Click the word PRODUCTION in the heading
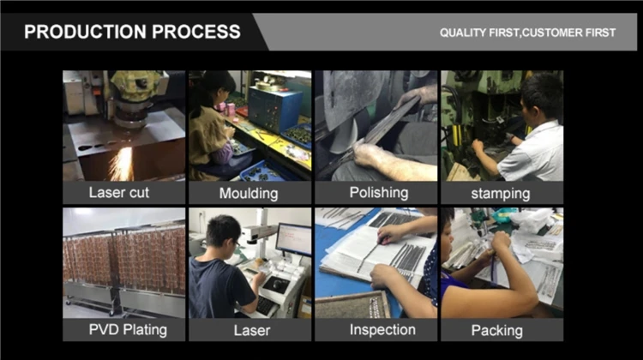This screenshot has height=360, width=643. (x=85, y=32)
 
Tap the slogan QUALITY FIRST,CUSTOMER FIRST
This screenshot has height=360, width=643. (x=528, y=33)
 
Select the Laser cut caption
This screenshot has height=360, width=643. (x=119, y=193)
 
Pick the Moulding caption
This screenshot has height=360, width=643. (x=249, y=194)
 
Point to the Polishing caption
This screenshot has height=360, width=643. (x=379, y=193)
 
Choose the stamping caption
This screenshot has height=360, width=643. (x=501, y=194)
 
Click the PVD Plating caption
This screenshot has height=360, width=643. (x=128, y=330)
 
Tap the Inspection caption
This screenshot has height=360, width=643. (x=382, y=330)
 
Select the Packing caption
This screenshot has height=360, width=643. (x=497, y=331)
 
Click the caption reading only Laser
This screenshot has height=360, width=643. (x=252, y=331)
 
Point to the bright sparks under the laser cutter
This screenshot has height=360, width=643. (x=123, y=164)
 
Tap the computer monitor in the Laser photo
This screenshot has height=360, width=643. (x=293, y=239)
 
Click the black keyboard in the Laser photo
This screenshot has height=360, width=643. (x=265, y=305)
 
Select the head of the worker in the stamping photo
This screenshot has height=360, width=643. (x=539, y=95)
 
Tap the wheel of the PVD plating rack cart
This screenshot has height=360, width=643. (x=111, y=313)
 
